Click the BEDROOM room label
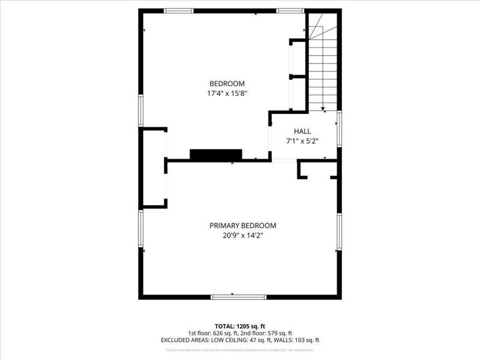coord(227,83)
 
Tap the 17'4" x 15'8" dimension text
coord(227,94)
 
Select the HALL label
coord(302,131)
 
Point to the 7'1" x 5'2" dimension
coord(302,142)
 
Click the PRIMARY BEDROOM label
coord(242,226)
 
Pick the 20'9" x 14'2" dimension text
coord(242,236)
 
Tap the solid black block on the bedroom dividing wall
coord(215,154)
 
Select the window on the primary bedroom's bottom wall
coord(239,296)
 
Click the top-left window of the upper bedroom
coord(178,10)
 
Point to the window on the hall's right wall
coord(339,128)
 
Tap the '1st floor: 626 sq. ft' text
coord(213,333)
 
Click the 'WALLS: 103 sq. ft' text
coord(296,340)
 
